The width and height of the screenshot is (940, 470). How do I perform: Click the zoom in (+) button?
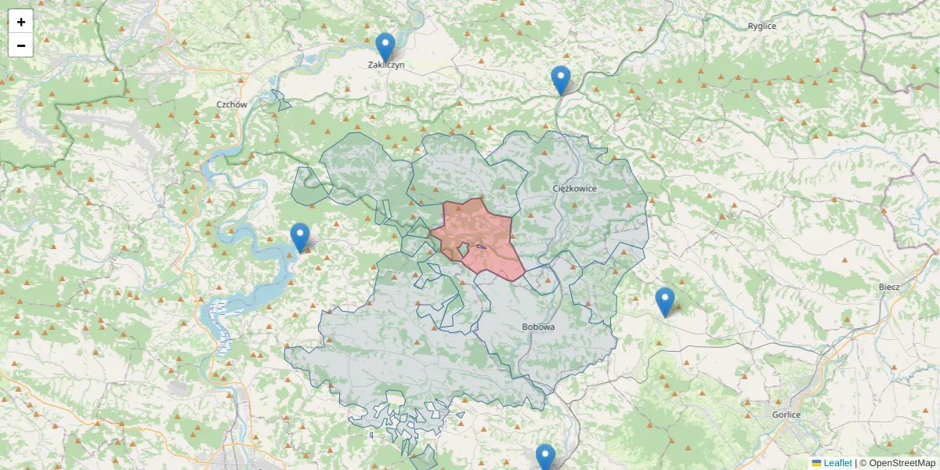tap(21, 22)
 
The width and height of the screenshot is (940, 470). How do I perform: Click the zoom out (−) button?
tap(21, 45)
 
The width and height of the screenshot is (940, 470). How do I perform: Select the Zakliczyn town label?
tap(386, 66)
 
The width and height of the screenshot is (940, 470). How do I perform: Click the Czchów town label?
tap(232, 104)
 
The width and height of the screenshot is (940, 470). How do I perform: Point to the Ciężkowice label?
tap(574, 189)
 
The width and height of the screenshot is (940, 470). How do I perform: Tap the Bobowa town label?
tap(538, 327)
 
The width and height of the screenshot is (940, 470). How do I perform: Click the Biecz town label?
tap(889, 287)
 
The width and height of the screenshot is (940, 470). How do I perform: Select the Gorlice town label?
tap(786, 414)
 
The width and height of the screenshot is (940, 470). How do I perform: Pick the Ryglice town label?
tap(761, 26)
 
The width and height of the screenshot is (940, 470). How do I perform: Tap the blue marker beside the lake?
tap(300, 237)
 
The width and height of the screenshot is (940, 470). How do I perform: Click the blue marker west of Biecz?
tap(664, 301)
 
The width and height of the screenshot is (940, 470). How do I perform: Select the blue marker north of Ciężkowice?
tap(561, 79)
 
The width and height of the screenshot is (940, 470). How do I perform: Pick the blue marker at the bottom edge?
tap(545, 457)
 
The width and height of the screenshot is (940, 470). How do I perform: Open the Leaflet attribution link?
tap(837, 463)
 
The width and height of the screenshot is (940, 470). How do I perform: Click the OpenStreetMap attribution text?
tap(902, 463)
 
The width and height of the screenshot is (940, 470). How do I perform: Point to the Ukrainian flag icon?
tap(817, 463)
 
